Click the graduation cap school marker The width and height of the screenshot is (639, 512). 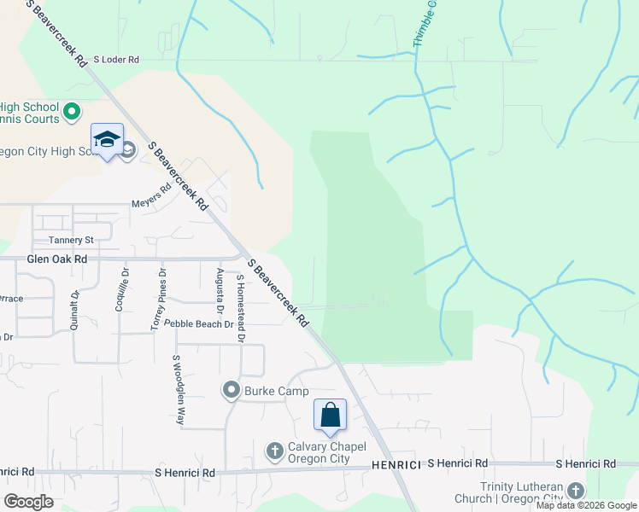108,140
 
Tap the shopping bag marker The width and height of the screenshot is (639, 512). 330,416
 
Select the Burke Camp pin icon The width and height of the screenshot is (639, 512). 231,392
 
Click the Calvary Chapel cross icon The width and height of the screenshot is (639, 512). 274,450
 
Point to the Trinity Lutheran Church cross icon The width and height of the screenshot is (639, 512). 576,491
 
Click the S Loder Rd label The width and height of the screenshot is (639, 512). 115,60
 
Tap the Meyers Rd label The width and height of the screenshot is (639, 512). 151,204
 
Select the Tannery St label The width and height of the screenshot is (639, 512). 70,241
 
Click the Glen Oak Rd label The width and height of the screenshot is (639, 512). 57,259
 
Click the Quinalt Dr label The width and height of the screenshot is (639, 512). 75,311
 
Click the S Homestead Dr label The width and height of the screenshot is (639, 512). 241,308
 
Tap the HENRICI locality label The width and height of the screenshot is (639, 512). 396,464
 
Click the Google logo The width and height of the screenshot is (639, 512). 28,502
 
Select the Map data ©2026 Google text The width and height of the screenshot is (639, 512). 586,505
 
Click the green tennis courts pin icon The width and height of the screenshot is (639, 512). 72,111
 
